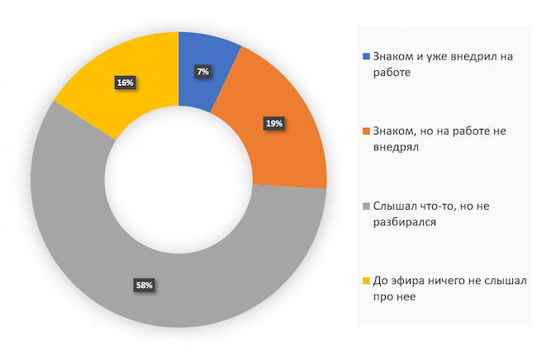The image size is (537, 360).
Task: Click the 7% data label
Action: point(202,72)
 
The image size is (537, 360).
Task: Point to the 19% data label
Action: point(274,123)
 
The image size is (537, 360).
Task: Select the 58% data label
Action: point(144,286)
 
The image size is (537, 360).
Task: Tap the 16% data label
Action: point(126,83)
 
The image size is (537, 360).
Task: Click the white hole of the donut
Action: point(178,179)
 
